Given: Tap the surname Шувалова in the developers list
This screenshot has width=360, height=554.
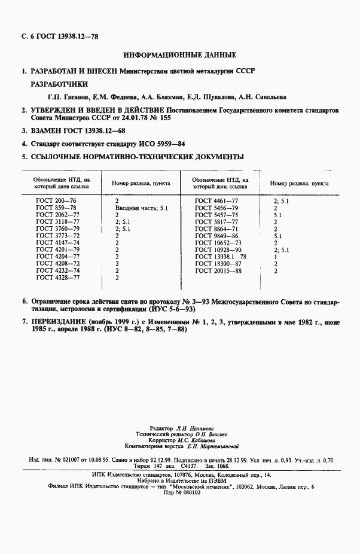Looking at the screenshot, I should click(205, 96).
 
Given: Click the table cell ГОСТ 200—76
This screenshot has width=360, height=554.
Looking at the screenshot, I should click(56, 200).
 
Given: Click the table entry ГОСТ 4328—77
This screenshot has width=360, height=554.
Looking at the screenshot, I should click(57, 278).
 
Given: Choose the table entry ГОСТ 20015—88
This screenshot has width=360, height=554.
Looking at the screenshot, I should click(218, 271).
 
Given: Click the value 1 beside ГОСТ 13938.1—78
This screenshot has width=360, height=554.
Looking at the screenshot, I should click(275, 257).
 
